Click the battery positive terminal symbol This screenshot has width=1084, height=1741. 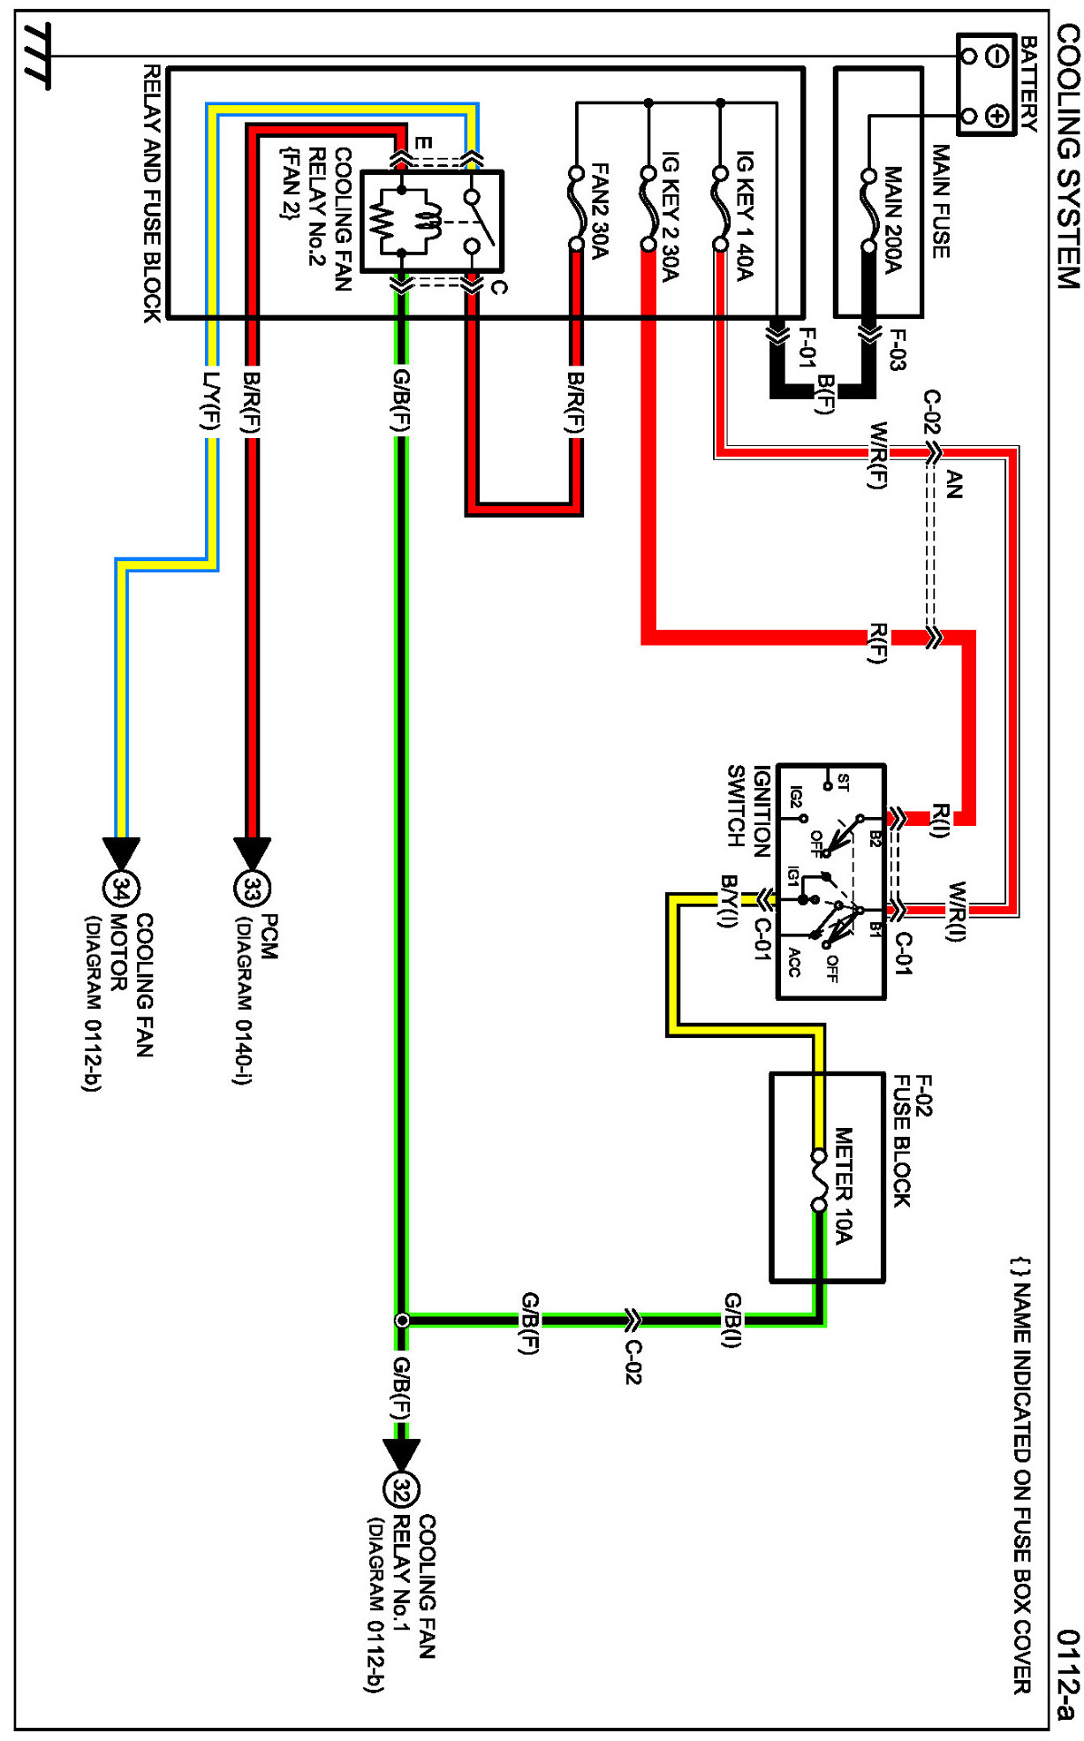point(998,116)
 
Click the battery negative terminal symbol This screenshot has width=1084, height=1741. point(998,57)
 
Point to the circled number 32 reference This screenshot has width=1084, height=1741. point(401,1491)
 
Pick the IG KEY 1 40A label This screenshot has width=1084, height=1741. point(744,216)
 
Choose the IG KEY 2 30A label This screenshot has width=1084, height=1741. point(670,216)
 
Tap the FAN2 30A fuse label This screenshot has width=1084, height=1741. point(598,212)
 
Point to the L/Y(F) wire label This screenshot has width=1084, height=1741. point(210,402)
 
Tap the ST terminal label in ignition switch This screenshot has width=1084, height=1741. point(844,782)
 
